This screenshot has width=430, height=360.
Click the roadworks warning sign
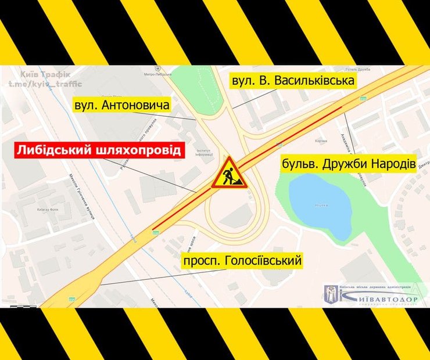[229, 174]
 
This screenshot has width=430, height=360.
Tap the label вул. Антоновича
[121, 106]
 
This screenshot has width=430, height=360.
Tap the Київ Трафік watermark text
[45, 75]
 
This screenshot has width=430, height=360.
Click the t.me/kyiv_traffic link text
[45, 85]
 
